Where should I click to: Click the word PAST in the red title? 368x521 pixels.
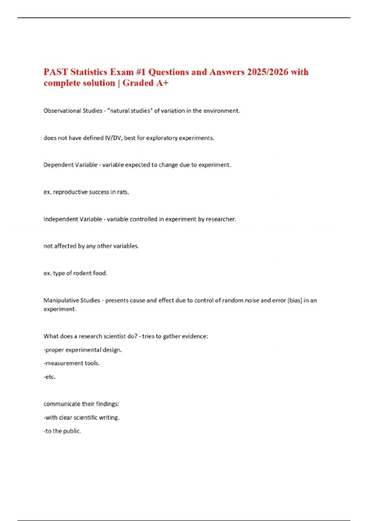pos(56,72)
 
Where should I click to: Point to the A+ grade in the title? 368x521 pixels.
pos(162,83)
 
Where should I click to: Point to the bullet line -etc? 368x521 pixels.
pos(50,377)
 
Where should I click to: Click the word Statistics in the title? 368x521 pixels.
pos(89,72)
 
